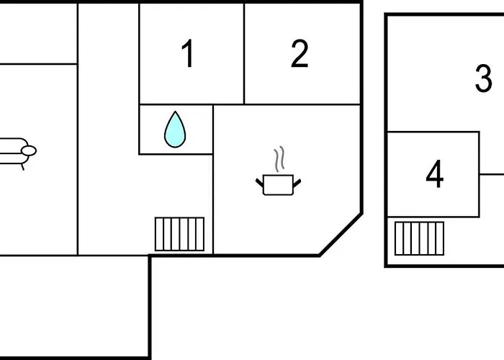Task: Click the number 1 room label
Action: pyautogui.click(x=188, y=53)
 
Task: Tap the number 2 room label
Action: pyautogui.click(x=300, y=54)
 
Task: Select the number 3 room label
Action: pyautogui.click(x=483, y=78)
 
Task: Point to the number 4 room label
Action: pyautogui.click(x=435, y=174)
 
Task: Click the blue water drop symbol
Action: pyautogui.click(x=175, y=130)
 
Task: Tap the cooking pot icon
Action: pyautogui.click(x=279, y=184)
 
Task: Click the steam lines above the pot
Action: pyautogui.click(x=279, y=159)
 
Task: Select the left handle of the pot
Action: pyautogui.click(x=260, y=183)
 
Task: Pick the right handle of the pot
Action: pyautogui.click(x=297, y=183)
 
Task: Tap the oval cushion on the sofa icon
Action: pyautogui.click(x=29, y=150)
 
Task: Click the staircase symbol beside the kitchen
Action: pyautogui.click(x=179, y=234)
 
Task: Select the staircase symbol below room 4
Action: pyautogui.click(x=419, y=238)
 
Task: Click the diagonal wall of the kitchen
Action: pyautogui.click(x=341, y=234)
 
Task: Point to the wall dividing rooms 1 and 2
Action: pyautogui.click(x=244, y=54)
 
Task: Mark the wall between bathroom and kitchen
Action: pyautogui.click(x=213, y=130)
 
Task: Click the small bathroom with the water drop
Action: pyautogui.click(x=176, y=130)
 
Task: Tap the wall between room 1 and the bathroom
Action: pyautogui.click(x=176, y=104)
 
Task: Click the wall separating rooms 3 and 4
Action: pyautogui.click(x=433, y=132)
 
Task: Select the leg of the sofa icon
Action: pyautogui.click(x=23, y=167)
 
